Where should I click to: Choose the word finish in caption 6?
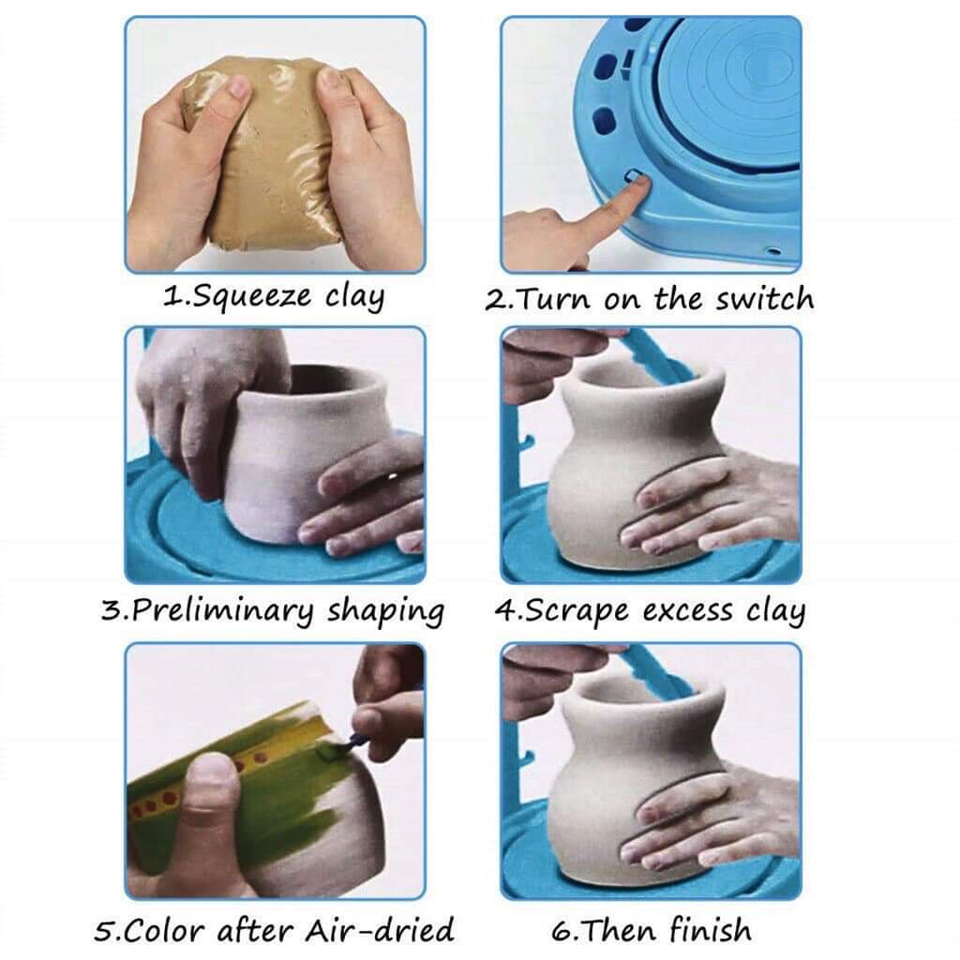(709, 930)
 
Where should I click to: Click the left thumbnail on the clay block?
(235, 89)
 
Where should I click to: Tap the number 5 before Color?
(106, 930)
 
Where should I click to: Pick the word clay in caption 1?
(354, 297)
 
